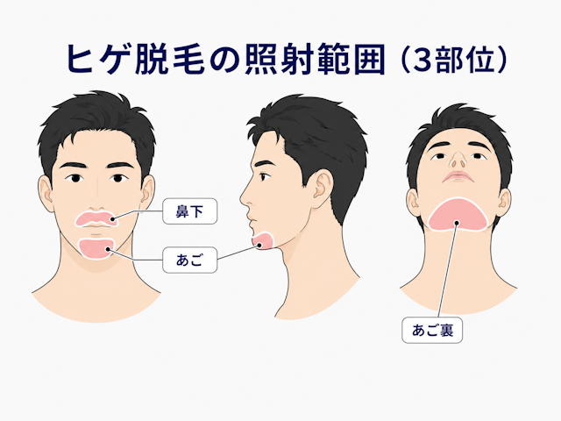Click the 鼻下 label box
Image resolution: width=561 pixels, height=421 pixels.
click(x=189, y=211)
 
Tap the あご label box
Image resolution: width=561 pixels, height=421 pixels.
click(x=189, y=260)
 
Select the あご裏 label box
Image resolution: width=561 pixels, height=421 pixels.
click(x=432, y=330)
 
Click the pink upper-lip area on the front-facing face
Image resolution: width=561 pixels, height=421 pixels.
click(x=96, y=219)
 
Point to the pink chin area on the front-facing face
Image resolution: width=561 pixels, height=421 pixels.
click(x=96, y=248)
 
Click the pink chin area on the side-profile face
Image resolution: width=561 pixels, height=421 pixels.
click(x=263, y=240)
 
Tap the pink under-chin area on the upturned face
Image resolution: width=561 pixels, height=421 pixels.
click(x=458, y=214)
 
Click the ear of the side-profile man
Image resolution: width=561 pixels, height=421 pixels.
click(x=323, y=184)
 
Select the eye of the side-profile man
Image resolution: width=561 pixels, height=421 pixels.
click(x=265, y=177)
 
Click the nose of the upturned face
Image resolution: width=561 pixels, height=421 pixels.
click(x=458, y=161)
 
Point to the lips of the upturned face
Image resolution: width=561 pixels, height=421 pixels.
click(x=458, y=176)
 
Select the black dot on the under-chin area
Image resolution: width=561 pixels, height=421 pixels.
click(x=457, y=223)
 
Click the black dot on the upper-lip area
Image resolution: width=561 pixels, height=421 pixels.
click(x=113, y=219)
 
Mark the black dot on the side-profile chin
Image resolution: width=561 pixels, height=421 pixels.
click(x=259, y=245)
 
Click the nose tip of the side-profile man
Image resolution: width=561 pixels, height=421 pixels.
click(x=242, y=199)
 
